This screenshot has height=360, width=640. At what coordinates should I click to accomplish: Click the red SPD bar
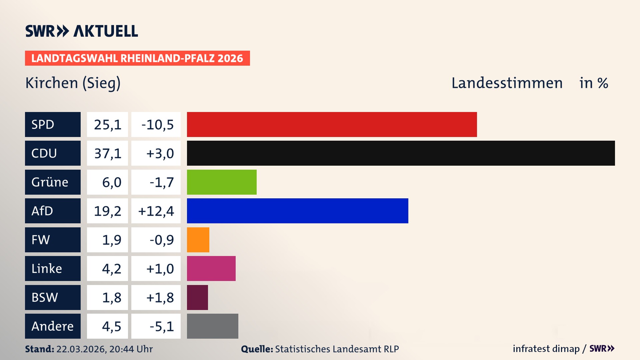tap(332, 124)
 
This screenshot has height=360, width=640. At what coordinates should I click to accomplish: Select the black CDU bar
tap(401, 153)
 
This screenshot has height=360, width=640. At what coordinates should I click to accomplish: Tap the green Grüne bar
tap(222, 182)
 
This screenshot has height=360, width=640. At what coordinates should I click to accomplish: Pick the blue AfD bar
tap(297, 211)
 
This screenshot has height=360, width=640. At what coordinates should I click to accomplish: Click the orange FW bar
tap(198, 240)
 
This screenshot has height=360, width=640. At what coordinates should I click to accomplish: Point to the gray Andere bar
tap(212, 326)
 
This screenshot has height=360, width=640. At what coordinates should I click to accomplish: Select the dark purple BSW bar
tap(197, 297)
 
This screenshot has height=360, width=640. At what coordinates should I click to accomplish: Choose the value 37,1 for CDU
tap(107, 153)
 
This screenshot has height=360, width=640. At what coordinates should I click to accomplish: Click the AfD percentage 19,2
tap(107, 211)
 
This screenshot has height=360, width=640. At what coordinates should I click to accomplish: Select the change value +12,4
tap(156, 211)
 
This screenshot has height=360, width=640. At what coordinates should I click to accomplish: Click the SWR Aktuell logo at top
tap(82, 31)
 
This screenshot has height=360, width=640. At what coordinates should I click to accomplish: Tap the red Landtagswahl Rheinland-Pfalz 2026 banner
tap(137, 58)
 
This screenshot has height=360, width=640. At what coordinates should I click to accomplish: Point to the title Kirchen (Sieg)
tap(73, 83)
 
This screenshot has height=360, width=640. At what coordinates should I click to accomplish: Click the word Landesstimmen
tap(507, 83)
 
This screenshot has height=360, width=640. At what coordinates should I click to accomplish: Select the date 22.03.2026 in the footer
tap(81, 349)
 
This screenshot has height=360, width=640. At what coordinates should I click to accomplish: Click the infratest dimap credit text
tap(546, 349)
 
